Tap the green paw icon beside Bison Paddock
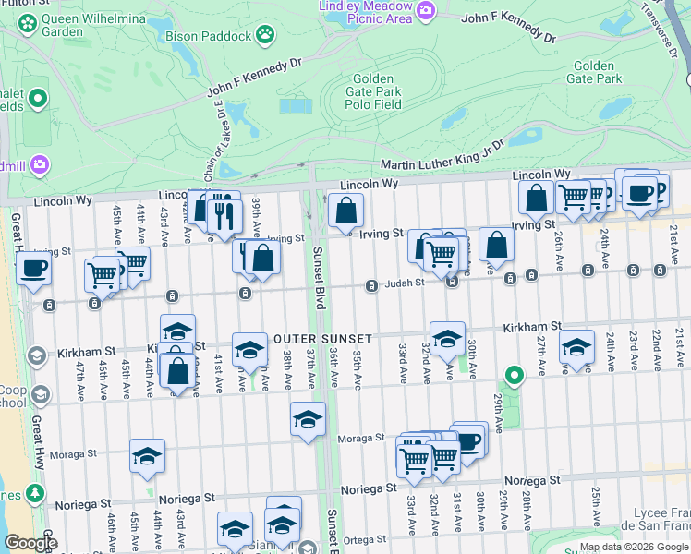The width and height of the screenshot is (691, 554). coord(265,35)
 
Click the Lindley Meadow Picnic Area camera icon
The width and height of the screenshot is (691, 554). coord(426,10)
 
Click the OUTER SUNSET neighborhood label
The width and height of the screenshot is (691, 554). coord(322,339)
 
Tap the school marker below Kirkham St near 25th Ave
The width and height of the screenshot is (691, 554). coord(577,347)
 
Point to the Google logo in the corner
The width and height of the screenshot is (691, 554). coord(30,543)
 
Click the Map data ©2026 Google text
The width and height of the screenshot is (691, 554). coord(634,547)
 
